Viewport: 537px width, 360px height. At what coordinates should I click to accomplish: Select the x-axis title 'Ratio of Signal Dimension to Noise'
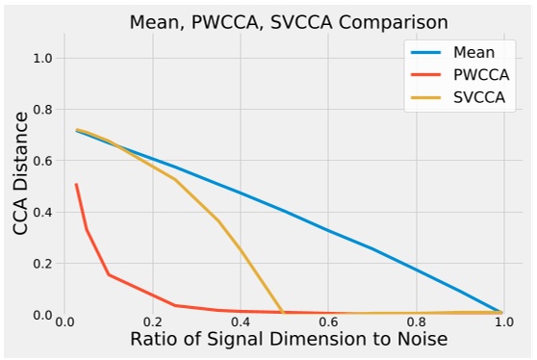coord(288,341)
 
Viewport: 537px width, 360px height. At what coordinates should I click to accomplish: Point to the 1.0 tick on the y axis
coord(40,59)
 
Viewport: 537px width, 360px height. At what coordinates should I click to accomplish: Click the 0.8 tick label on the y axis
coord(40,110)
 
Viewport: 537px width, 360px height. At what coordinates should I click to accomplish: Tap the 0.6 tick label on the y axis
coord(40,161)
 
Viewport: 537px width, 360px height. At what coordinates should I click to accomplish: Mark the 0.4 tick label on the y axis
coord(40,213)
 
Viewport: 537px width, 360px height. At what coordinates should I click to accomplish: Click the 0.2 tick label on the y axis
coord(40,264)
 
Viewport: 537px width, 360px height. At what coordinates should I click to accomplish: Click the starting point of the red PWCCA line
coord(76,184)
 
